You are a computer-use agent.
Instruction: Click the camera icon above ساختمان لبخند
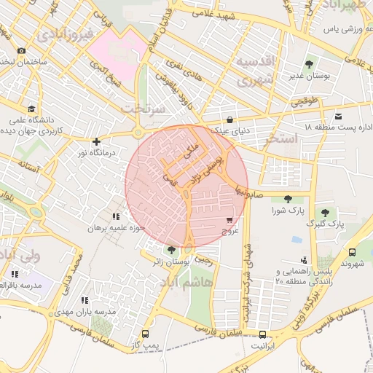point(21,50)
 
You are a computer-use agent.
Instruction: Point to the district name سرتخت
point(144,108)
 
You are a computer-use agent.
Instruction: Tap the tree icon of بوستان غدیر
point(310,63)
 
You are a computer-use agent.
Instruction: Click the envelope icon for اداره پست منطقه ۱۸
point(338,117)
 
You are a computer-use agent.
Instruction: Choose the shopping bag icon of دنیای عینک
point(230,120)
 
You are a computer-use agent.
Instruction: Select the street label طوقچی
point(305,103)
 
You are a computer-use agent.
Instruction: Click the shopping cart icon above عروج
point(230,219)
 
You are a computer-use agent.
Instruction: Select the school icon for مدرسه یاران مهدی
point(85,300)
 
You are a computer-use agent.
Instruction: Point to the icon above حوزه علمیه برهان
point(115,216)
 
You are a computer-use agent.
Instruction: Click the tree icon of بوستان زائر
point(171,249)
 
